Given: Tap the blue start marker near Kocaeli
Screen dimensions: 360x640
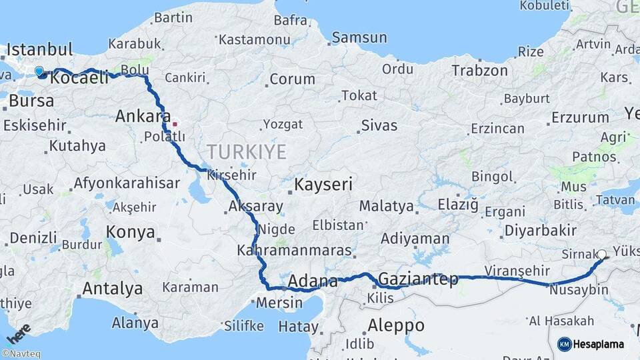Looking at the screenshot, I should click(x=39, y=71).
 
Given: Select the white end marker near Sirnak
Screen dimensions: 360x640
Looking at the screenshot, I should click(x=602, y=254).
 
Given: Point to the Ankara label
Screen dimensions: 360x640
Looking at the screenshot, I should click(x=143, y=116).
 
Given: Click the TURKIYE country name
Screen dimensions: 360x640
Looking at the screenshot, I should click(x=247, y=151).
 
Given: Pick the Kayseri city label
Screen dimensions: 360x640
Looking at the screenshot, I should click(x=323, y=185).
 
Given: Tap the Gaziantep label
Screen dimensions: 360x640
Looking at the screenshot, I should click(x=418, y=279).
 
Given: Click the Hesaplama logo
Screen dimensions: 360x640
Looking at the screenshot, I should click(x=591, y=344).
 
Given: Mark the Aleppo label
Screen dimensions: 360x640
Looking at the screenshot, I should click(x=395, y=325).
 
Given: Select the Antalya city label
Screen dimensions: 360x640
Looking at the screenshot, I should click(x=111, y=289).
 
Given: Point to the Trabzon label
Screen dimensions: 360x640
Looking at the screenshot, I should click(x=481, y=70).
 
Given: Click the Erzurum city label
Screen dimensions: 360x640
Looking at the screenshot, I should click(x=580, y=118).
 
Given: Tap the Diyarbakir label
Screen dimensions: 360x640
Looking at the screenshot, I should click(x=541, y=230).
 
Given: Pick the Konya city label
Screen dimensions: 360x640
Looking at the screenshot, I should click(x=131, y=233).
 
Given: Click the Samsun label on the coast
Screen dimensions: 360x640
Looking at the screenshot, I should click(x=359, y=38).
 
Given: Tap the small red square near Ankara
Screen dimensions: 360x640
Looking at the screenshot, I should click(x=175, y=123).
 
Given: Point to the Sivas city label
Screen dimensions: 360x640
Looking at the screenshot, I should click(x=379, y=125).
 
